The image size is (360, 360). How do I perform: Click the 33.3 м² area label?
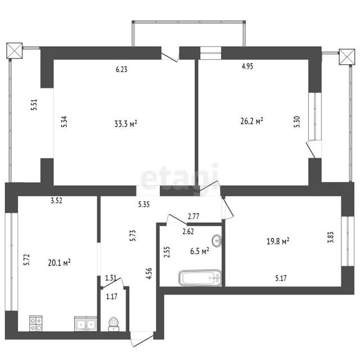125,124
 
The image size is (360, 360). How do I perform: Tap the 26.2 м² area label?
251,121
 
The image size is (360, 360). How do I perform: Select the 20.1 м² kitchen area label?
59,262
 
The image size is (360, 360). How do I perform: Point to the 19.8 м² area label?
278,241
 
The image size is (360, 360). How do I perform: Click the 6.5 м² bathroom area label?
200,251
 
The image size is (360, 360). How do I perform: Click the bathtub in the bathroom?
200,278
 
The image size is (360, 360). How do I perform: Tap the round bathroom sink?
217,241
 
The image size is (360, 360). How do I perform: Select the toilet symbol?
114,324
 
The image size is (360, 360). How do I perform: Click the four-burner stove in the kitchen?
36,323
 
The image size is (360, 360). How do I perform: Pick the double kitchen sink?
85,324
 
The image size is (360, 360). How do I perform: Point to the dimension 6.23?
121,69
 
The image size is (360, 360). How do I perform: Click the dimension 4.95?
247,66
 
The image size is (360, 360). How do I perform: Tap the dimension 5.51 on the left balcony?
34,105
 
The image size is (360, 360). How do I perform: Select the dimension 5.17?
281,278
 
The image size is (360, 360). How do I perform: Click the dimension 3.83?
330,237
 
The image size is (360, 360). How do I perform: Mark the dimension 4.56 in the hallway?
149,273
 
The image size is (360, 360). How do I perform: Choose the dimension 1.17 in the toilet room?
111,296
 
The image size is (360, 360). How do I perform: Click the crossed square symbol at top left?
14,51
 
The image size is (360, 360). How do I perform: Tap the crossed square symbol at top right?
347,57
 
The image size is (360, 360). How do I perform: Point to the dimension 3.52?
56,200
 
